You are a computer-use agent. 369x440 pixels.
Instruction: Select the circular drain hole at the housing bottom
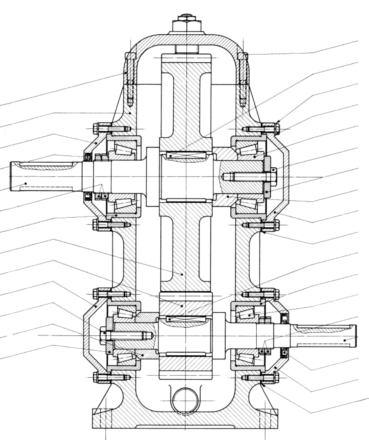pos(185,400)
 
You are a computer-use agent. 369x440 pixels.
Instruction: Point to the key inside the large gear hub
pos(186,156)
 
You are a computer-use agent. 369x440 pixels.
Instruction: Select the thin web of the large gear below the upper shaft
pos(185,246)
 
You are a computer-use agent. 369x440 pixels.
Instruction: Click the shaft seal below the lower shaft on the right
pos(284,352)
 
